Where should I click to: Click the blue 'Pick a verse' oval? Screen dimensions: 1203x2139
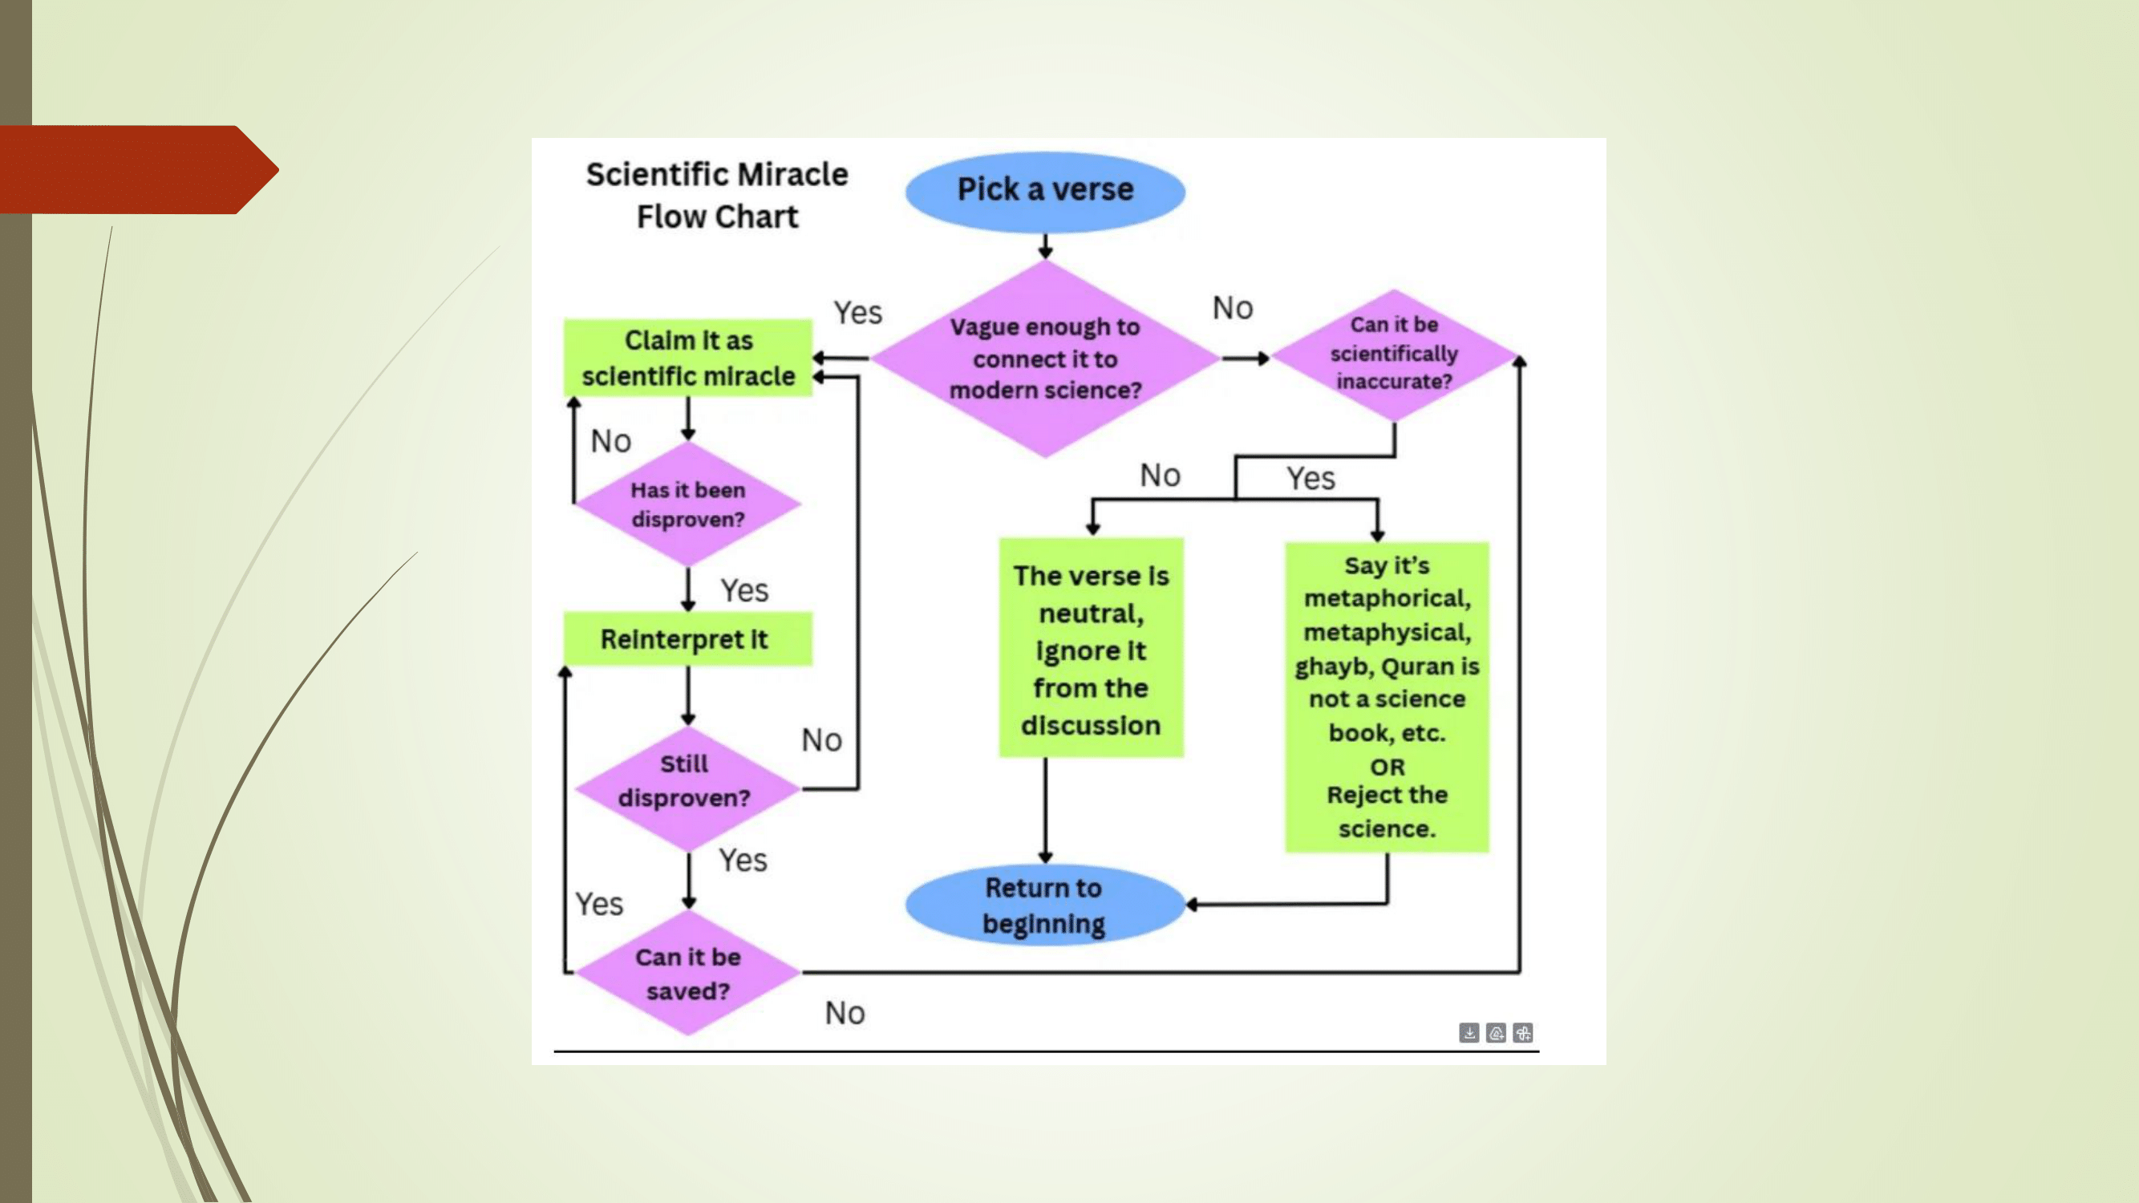(x=1044, y=191)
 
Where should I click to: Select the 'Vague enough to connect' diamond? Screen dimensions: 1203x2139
(x=1044, y=358)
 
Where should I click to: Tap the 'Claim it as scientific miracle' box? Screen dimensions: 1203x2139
(x=687, y=358)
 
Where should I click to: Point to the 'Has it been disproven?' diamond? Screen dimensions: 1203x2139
(x=687, y=504)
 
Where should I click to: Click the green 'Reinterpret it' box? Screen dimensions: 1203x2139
(x=687, y=638)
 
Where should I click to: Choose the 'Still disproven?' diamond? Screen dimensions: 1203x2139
(x=686, y=782)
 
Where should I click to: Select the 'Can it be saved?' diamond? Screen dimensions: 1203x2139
(x=687, y=973)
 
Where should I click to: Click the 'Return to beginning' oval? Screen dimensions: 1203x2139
(x=1043, y=905)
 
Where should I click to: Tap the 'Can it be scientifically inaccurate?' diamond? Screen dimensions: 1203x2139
(x=1393, y=354)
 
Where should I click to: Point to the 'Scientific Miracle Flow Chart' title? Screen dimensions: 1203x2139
(x=716, y=195)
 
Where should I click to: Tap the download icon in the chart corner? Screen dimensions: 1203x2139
(x=1469, y=1032)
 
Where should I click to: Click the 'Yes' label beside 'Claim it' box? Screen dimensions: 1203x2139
(x=857, y=313)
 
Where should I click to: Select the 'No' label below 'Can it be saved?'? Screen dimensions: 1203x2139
(x=845, y=1013)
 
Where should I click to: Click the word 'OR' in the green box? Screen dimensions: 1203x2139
(x=1388, y=766)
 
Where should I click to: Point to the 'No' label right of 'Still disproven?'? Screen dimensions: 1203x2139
(x=821, y=739)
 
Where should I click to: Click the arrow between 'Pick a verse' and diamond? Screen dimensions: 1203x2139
(x=1045, y=246)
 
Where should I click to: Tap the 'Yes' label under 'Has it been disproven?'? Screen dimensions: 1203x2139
(x=744, y=590)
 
